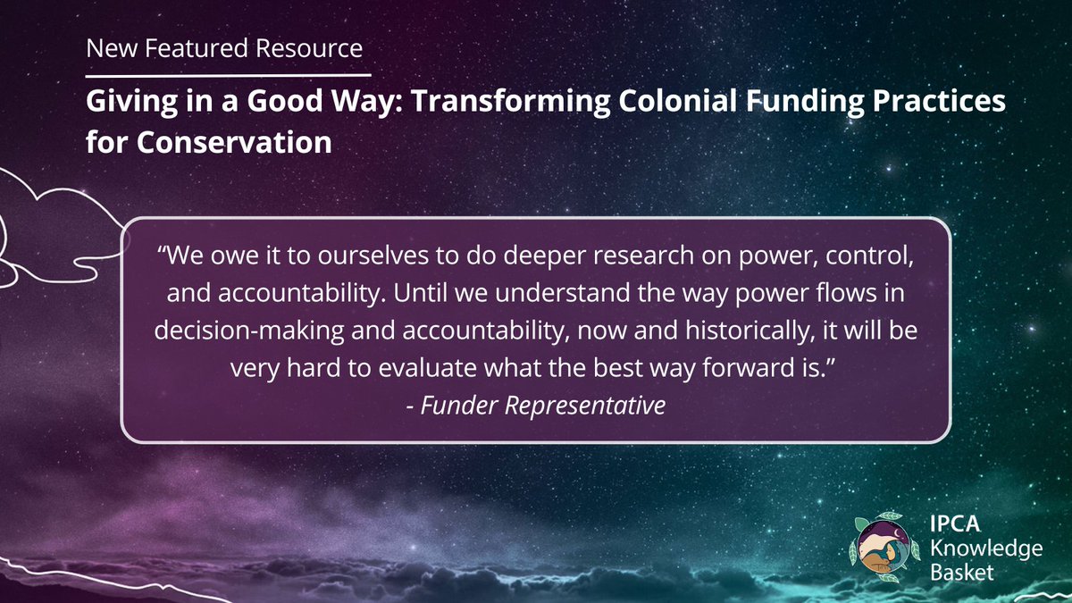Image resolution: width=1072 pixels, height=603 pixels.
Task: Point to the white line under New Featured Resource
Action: tap(228, 74)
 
